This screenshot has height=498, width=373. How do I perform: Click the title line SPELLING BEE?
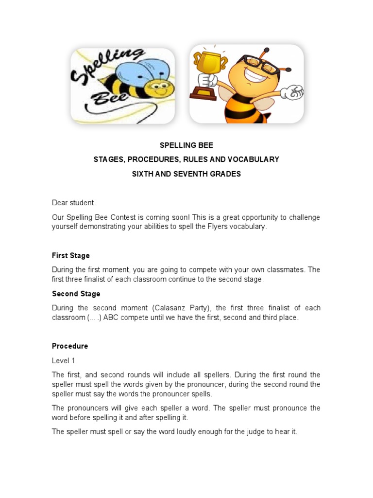tap(186, 145)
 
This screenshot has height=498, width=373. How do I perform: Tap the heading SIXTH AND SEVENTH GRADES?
tap(186, 174)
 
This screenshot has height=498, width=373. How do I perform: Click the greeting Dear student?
tap(73, 202)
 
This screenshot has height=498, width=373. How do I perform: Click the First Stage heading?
tap(71, 255)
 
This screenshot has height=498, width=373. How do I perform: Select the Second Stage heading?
tap(76, 294)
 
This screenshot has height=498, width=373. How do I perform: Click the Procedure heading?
tap(70, 346)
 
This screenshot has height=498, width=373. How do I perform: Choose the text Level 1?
tap(64, 360)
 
